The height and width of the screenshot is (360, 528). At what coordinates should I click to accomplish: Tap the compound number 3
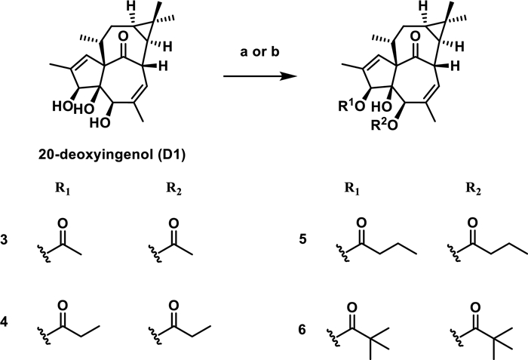tap(5, 245)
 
